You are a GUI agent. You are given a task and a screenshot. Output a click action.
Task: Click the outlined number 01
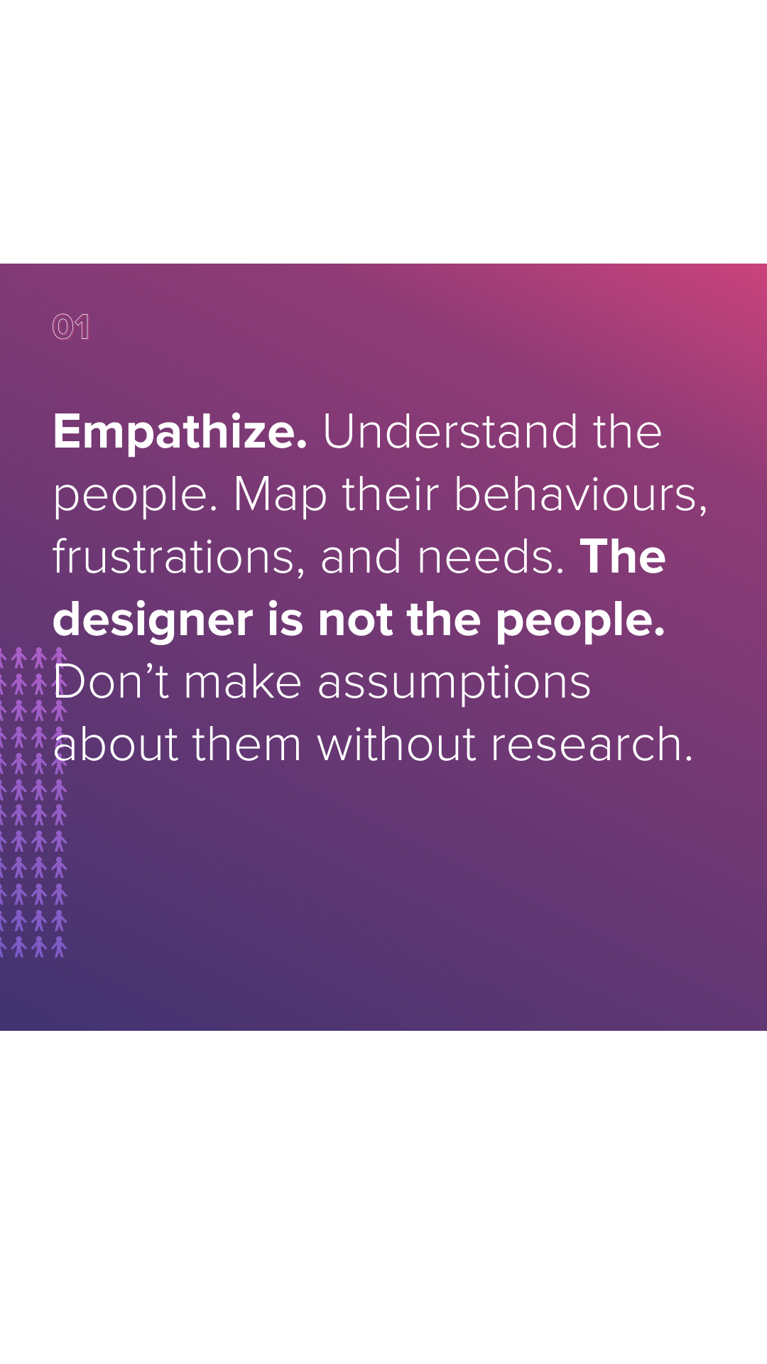point(71,327)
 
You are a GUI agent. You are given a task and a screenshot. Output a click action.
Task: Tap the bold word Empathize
point(180,433)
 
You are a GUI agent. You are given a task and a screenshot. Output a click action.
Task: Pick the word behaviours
point(581,495)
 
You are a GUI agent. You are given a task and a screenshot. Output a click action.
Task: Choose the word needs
point(491,558)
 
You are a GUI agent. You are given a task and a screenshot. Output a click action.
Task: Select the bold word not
point(354,619)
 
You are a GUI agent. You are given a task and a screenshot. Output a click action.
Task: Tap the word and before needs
point(361,557)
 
